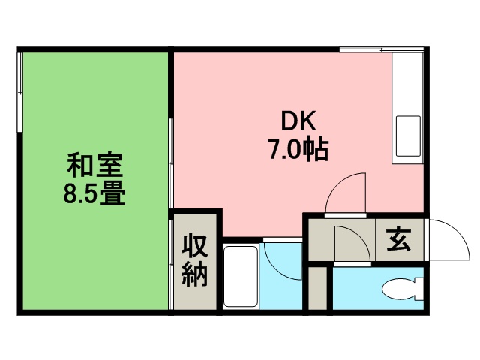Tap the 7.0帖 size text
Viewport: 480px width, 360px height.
pos(298,150)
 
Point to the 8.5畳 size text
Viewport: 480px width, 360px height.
pos(94,194)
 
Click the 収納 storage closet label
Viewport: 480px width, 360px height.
pos(195,260)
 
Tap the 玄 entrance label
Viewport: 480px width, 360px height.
pos(398,241)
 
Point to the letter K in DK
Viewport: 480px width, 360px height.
pos(311,122)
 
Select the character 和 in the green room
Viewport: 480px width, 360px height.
pos(79,165)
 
